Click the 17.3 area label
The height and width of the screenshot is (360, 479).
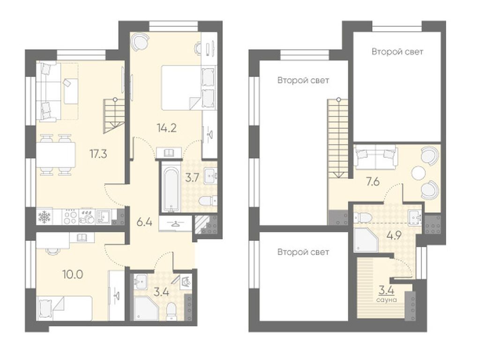click(x=98, y=154)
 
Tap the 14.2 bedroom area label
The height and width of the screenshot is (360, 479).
click(x=167, y=128)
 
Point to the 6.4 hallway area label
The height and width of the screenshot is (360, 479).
click(x=144, y=222)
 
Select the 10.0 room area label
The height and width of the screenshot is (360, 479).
click(x=73, y=274)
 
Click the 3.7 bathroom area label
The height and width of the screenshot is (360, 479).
click(x=193, y=178)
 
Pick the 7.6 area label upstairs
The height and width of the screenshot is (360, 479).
click(x=373, y=182)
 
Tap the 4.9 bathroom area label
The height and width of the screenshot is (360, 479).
click(x=394, y=236)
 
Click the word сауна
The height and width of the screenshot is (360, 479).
click(x=387, y=300)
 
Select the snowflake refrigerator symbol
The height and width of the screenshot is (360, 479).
click(x=45, y=217)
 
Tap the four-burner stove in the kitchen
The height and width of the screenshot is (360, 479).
click(x=71, y=217)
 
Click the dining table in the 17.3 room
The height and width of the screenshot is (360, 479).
click(x=56, y=155)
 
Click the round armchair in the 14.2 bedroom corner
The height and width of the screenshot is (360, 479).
click(x=140, y=42)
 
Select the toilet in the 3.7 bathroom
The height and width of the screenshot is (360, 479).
click(x=208, y=201)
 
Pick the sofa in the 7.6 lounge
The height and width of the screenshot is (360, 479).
click(x=375, y=157)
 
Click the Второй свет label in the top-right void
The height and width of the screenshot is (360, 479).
click(x=397, y=52)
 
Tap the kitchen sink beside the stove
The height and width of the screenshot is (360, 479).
click(x=104, y=217)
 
